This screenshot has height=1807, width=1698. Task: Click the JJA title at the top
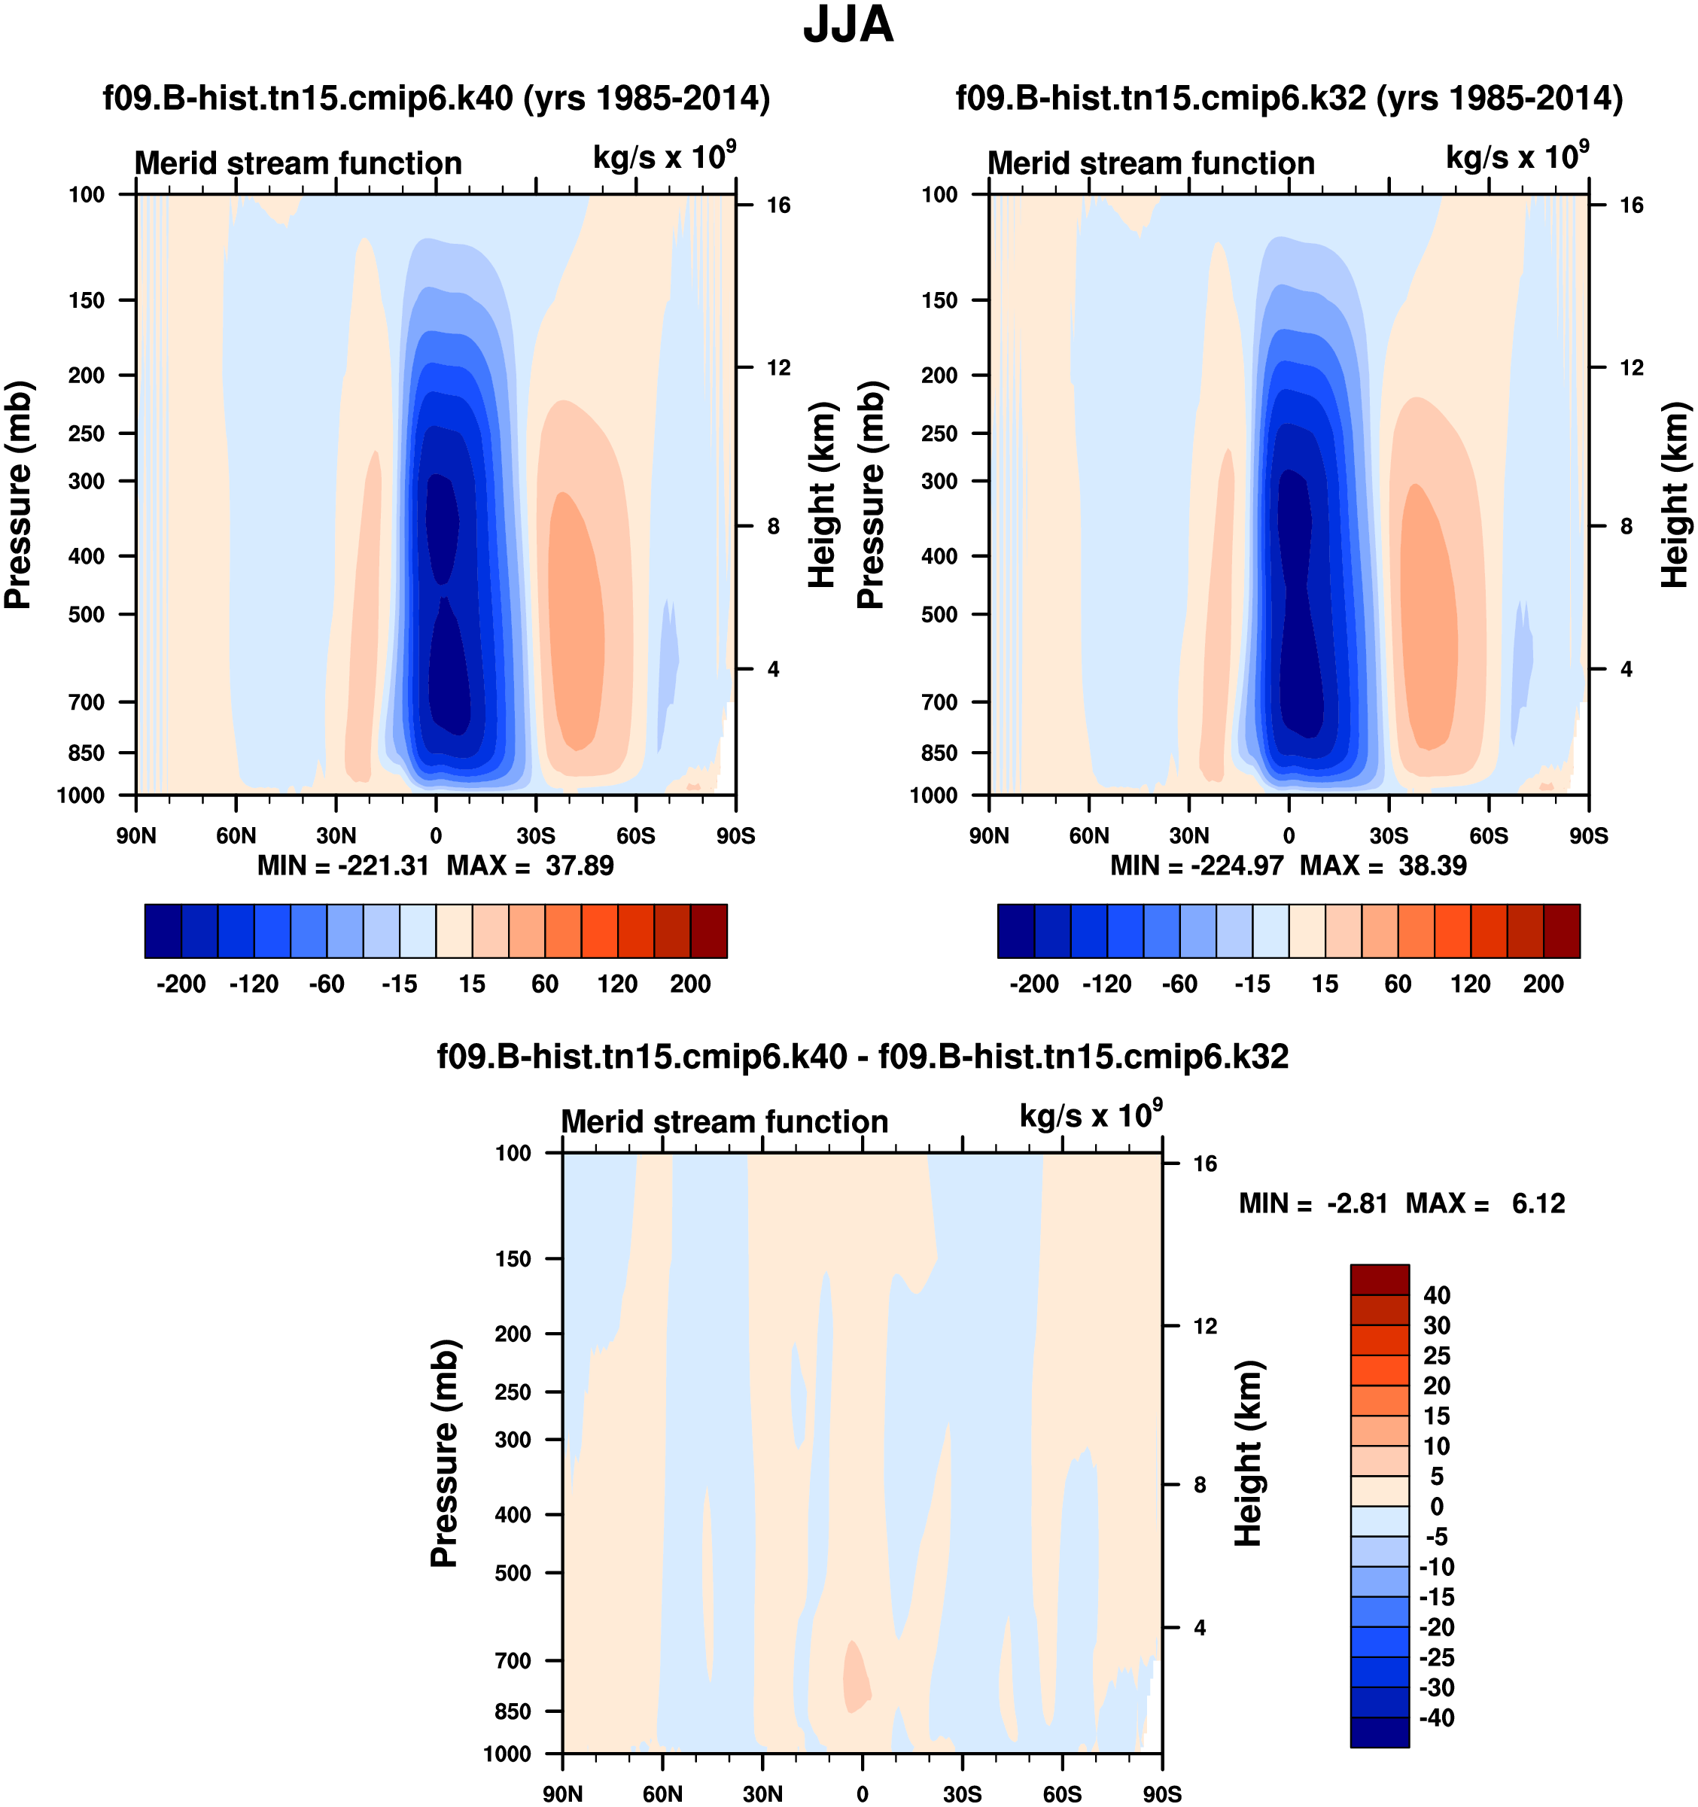tap(848, 26)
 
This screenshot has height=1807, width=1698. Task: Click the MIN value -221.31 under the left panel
tap(382, 865)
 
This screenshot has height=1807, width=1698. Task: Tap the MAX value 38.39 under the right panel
tap(1432, 865)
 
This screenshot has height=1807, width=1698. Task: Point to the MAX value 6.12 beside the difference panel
tap(1538, 1203)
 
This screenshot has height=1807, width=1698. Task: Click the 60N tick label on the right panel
tap(1089, 836)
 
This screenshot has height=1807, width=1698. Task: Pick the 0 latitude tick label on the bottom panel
tap(862, 1794)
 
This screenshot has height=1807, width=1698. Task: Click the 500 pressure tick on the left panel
tap(87, 614)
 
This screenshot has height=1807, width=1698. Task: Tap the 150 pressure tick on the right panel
tap(939, 300)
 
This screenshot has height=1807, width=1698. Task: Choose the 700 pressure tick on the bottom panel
tap(513, 1661)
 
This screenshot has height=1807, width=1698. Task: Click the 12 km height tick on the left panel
tap(779, 367)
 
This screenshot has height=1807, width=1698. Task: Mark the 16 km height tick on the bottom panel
tap(1204, 1164)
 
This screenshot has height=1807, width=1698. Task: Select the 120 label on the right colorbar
tap(1470, 984)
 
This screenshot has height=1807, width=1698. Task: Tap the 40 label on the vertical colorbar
tap(1436, 1295)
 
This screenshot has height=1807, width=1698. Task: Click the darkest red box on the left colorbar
tap(709, 931)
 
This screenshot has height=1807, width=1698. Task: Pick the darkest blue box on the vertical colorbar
tap(1379, 1732)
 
